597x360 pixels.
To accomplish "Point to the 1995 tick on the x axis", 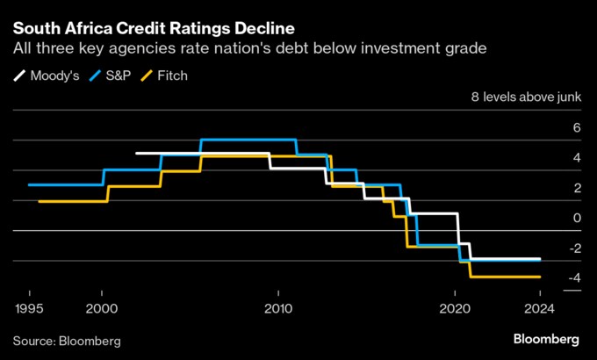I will point(30,309).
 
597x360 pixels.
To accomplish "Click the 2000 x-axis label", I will point(102,309).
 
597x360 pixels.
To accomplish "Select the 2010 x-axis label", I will point(278,309).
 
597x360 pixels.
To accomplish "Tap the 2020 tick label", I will point(455,309).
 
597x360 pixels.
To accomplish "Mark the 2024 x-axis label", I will point(540,309).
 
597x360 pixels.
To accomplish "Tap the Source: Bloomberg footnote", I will point(67,340).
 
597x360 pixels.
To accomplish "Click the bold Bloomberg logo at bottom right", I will point(545,339).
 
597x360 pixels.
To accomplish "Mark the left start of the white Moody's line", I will point(137,154).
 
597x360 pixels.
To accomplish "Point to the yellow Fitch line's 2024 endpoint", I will point(539,277).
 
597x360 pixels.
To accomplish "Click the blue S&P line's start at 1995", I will point(30,184).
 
